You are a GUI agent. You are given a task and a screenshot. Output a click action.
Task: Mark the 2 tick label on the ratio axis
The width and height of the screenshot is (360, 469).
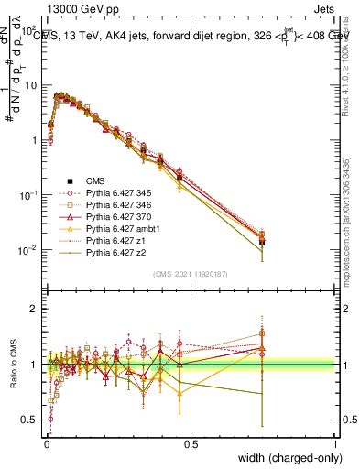click(x=34, y=309)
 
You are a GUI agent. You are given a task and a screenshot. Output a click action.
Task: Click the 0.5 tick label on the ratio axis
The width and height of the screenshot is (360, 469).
click(x=29, y=420)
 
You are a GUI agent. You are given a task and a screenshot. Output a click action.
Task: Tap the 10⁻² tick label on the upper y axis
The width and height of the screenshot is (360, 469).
click(x=28, y=250)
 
